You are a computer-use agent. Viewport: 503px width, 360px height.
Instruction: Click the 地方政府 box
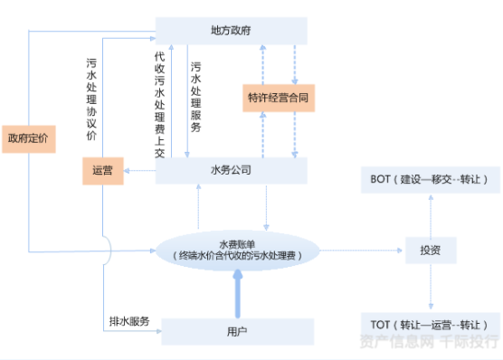[233, 30]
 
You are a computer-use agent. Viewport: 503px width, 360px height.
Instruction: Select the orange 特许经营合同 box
[280, 97]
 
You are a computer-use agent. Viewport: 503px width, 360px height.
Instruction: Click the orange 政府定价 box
[28, 138]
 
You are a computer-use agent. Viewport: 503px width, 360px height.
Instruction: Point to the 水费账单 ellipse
[239, 250]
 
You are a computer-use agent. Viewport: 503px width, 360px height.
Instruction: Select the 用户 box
[237, 331]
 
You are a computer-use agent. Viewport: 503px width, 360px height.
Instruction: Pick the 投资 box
[430, 250]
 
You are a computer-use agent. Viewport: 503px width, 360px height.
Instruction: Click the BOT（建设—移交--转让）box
[430, 179]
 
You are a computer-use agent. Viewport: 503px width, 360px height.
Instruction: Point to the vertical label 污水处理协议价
[91, 99]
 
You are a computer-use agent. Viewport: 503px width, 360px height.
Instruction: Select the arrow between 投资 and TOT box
[430, 287]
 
